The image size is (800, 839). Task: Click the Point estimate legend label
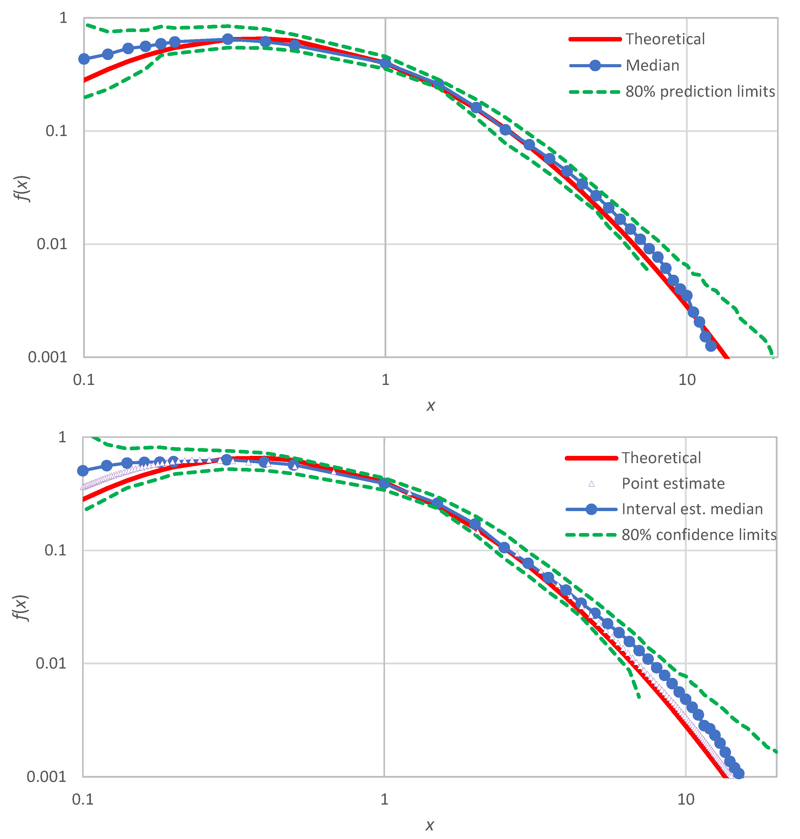click(x=673, y=483)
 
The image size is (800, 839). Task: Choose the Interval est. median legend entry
click(x=692, y=509)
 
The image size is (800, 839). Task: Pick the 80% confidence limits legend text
click(x=698, y=535)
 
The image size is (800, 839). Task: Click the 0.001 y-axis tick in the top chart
click(x=47, y=357)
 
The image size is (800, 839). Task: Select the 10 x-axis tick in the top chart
click(x=687, y=379)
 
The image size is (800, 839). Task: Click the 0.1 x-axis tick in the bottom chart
click(x=83, y=799)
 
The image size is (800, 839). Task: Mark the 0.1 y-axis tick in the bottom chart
click(x=55, y=550)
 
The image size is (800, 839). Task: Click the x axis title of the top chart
click(x=431, y=405)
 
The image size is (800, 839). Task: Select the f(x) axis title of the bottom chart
click(x=21, y=608)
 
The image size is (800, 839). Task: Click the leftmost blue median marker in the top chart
click(x=84, y=59)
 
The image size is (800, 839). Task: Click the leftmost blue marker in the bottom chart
click(x=83, y=471)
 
